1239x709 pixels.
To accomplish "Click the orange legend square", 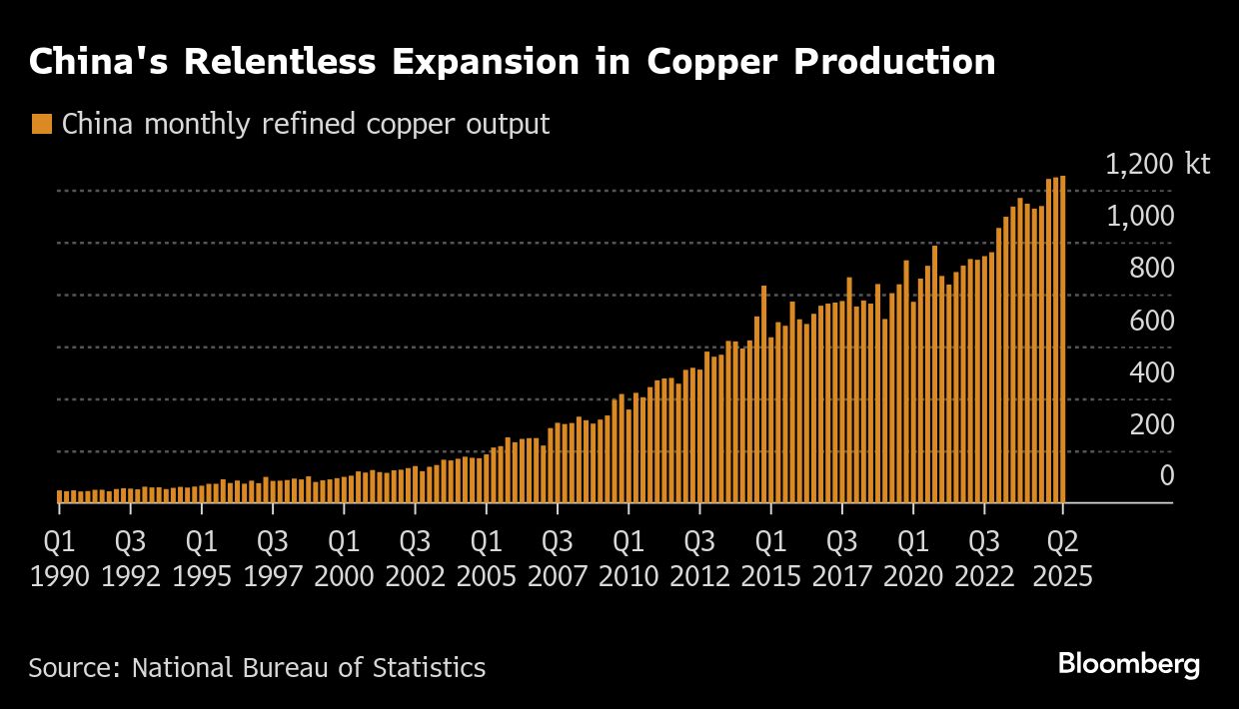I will [x=42, y=125].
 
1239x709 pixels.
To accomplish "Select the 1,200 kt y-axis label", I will [x=1157, y=164].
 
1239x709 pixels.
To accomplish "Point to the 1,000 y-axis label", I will [x=1140, y=216].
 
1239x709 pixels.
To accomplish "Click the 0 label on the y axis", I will [x=1166, y=476].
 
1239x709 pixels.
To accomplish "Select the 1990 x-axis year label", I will [x=60, y=577].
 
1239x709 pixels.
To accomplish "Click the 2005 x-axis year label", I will [x=486, y=577].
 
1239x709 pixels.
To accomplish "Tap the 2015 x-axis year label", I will [x=769, y=577].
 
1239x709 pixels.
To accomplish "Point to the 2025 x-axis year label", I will [x=1061, y=577].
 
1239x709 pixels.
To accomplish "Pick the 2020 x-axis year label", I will [x=912, y=577].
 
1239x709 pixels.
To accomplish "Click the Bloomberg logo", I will [x=1129, y=664].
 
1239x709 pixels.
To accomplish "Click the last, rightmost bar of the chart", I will [x=1063, y=340].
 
